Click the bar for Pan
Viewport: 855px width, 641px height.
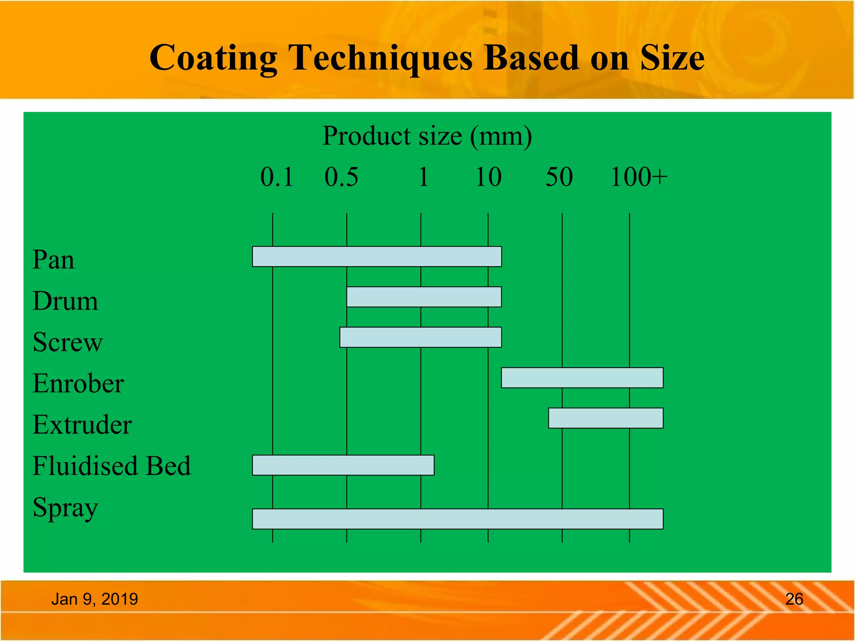tap(377, 257)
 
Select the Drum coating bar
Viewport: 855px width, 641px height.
tap(424, 297)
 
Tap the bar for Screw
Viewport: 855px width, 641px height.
tap(420, 337)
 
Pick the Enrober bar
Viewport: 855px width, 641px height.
tap(582, 378)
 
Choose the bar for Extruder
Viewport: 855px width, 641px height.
tap(606, 418)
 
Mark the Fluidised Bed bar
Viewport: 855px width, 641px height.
tap(343, 465)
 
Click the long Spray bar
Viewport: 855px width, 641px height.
tap(458, 519)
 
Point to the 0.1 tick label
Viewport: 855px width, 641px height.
tap(276, 177)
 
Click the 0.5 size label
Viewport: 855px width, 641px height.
tap(341, 177)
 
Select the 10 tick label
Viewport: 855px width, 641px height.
tap(488, 177)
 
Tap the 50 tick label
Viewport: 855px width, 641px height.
tap(559, 177)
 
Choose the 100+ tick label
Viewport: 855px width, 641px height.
tap(639, 177)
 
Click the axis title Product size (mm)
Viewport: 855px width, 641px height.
tap(427, 136)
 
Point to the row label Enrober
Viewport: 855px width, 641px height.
tap(78, 384)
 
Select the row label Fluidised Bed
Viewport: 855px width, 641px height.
tap(111, 466)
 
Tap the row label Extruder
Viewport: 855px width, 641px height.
tap(82, 425)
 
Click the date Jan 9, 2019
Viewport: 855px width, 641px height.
tap(94, 599)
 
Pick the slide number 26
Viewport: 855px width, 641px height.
tap(794, 599)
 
